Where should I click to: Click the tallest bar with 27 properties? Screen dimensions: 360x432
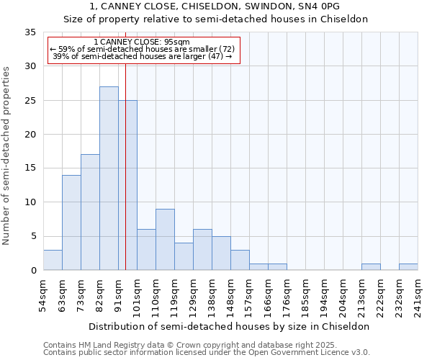[x=109, y=178]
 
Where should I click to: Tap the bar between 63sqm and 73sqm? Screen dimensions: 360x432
[x=71, y=222]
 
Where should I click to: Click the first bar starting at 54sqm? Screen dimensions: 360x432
[x=53, y=260]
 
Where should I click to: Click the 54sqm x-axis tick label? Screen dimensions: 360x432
[x=43, y=294]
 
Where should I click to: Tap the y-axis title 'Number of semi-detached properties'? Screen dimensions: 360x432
[x=7, y=156]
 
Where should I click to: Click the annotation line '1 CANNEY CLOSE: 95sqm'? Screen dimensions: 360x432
[x=142, y=42]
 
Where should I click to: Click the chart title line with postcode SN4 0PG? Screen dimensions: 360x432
[x=216, y=6]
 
